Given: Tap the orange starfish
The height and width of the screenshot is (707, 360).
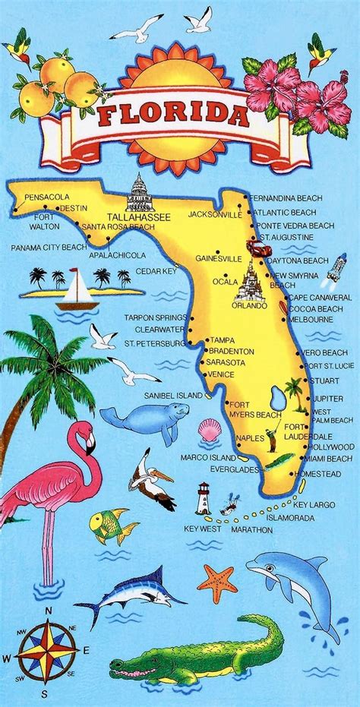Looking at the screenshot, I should [x=217, y=582].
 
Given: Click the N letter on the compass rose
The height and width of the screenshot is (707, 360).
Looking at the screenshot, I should [x=46, y=610].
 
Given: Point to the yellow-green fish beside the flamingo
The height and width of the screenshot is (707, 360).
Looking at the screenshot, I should [x=111, y=525].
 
